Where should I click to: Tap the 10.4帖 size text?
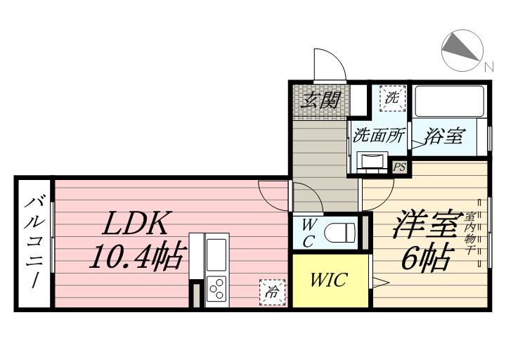(x=136, y=258)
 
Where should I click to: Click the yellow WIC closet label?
(x=328, y=281)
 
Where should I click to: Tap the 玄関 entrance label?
(x=320, y=101)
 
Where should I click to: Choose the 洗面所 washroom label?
(x=379, y=135)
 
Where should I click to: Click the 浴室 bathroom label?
(x=443, y=136)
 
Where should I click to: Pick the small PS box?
(x=399, y=167)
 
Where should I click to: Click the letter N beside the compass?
(x=488, y=67)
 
